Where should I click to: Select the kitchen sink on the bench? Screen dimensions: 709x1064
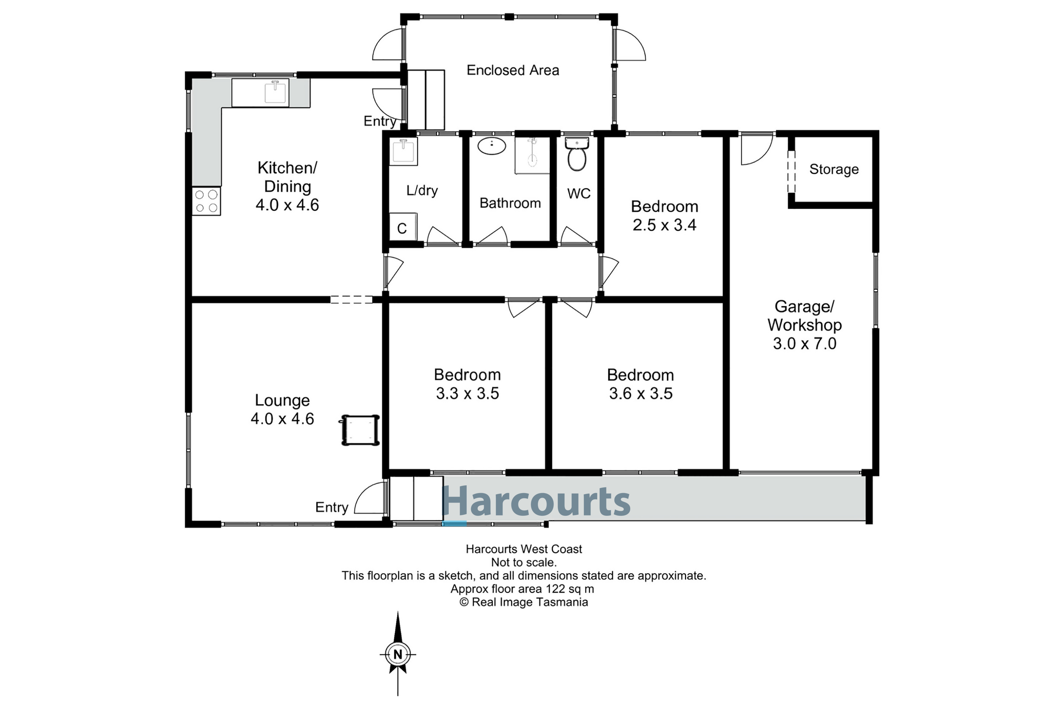(276, 93)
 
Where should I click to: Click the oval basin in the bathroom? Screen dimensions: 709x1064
(492, 146)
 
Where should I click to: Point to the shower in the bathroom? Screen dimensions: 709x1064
(532, 156)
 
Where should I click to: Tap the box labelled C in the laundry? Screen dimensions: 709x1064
(402, 228)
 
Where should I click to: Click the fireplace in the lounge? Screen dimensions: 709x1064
(360, 430)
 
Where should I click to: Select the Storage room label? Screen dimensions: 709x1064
(834, 169)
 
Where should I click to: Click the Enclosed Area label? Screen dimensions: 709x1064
(512, 70)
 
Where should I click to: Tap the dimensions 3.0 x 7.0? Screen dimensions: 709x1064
(804, 344)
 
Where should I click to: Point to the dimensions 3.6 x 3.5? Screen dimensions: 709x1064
(641, 393)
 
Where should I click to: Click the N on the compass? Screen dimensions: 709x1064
(398, 654)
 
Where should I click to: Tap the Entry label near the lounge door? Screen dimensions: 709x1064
(332, 507)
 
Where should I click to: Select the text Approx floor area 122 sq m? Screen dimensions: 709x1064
(522, 589)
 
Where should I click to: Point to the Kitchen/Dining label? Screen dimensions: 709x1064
(287, 177)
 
